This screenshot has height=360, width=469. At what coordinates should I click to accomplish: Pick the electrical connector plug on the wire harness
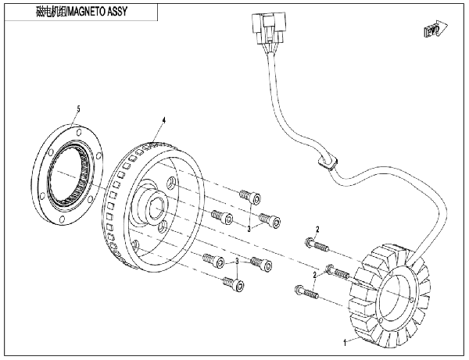click(263, 31)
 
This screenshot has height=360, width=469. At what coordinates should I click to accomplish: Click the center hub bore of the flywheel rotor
click(154, 211)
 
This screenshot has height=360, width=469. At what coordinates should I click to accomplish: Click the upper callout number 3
click(249, 229)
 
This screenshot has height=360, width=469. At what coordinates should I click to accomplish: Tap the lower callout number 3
click(236, 262)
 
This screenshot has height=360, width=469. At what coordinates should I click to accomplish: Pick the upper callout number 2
click(317, 228)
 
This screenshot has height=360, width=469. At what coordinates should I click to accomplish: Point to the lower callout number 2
click(315, 276)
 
